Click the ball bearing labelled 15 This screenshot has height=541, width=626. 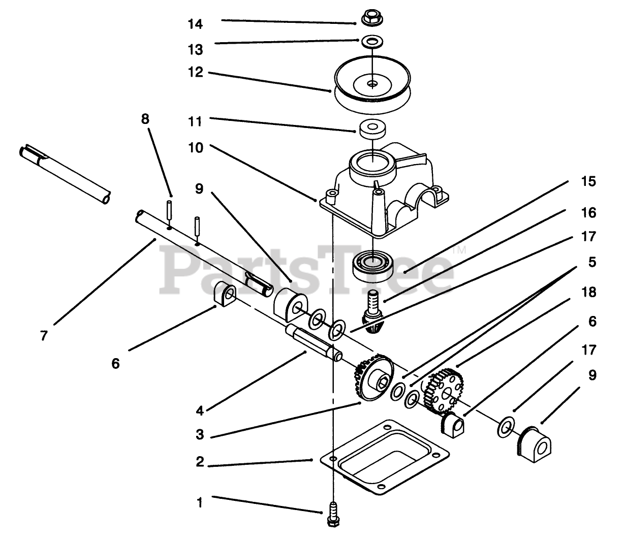coord(372,263)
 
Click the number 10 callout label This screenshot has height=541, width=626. coord(195,147)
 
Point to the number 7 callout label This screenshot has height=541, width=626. coord(44,336)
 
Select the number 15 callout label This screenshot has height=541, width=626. coord(588,181)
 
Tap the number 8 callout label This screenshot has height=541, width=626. coord(145,119)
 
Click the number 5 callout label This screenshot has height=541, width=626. coord(592,262)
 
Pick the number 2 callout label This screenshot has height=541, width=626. coord(200,462)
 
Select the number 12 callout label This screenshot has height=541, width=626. coord(195,72)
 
